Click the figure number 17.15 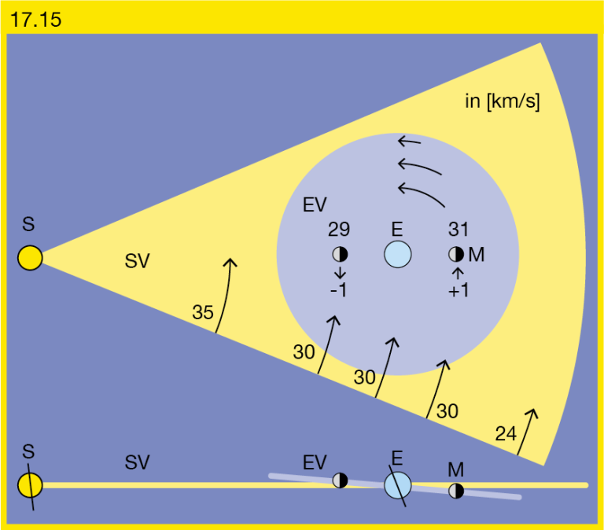point(35,19)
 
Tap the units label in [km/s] point(503,101)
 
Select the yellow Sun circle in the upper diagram point(30,258)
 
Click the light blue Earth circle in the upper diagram point(397,254)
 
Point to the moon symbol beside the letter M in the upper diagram point(456,254)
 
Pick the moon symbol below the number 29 point(340,254)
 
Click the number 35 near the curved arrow point(203,312)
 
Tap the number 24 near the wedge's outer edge point(506,434)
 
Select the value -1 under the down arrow point(339,290)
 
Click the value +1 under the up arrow point(459,290)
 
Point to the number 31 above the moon point(459,229)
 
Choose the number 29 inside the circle point(339,229)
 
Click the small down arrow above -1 point(340,272)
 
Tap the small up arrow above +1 point(458,274)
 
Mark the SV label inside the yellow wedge point(137,261)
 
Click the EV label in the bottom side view point(315,462)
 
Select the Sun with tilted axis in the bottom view point(30,485)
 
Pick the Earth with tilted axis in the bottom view point(397,485)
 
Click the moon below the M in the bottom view point(456,491)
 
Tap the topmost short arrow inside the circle point(409,142)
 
